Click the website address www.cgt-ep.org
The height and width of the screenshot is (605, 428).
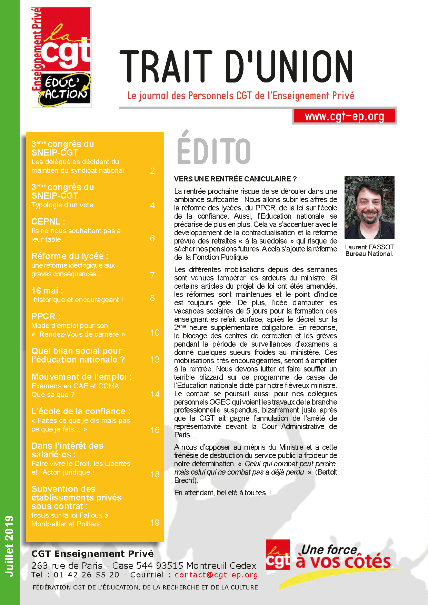(344, 116)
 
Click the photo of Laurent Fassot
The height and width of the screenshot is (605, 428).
(369, 208)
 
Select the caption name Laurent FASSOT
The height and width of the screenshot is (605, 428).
(369, 247)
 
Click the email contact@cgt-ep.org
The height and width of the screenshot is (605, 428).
(216, 575)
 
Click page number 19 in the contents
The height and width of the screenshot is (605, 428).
(155, 523)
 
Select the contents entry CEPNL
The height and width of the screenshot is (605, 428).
(48, 221)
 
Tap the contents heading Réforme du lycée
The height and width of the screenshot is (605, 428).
(70, 256)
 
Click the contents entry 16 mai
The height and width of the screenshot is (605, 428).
(47, 290)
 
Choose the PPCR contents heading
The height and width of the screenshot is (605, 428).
(46, 316)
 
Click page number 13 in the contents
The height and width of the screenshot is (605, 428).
(155, 359)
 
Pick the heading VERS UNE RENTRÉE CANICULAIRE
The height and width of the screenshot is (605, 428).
(235, 179)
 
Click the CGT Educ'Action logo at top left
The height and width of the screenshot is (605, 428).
(61, 58)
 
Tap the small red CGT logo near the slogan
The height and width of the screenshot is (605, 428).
(278, 555)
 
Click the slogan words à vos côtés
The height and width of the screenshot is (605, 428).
(344, 562)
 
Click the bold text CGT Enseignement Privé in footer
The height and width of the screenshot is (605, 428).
(92, 554)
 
